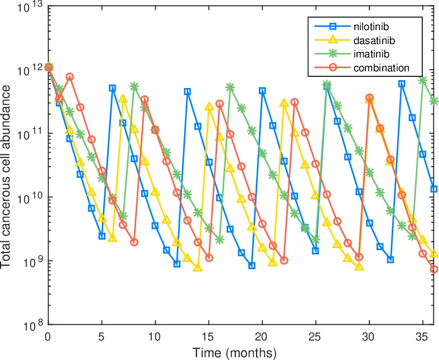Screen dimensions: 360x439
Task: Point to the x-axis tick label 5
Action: pyautogui.click(x=102, y=337)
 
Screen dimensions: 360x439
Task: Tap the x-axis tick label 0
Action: pyautogui.click(x=49, y=337)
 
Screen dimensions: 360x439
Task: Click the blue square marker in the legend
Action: pyautogui.click(x=332, y=26)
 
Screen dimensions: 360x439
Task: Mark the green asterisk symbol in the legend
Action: pyautogui.click(x=332, y=54)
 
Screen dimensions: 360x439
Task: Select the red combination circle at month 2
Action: pyautogui.click(x=70, y=77)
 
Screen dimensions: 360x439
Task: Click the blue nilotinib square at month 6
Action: pyautogui.click(x=113, y=88)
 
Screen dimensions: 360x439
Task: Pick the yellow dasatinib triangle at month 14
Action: pyautogui.click(x=198, y=267)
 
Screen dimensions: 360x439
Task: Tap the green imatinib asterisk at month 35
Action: pyautogui.click(x=423, y=80)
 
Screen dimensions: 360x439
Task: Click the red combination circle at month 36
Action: pyautogui.click(x=434, y=269)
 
